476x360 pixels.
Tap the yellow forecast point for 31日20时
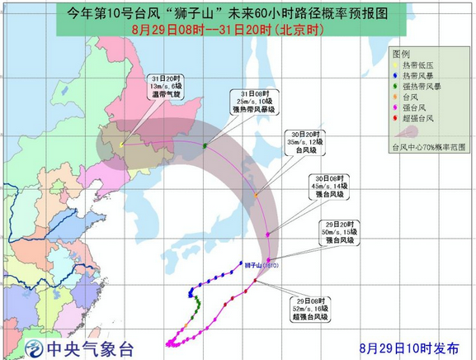[122, 144]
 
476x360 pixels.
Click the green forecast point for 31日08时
[205, 145]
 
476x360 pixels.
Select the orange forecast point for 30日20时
[257, 196]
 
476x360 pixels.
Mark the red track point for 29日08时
[255, 281]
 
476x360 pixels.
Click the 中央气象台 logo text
[91, 348]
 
